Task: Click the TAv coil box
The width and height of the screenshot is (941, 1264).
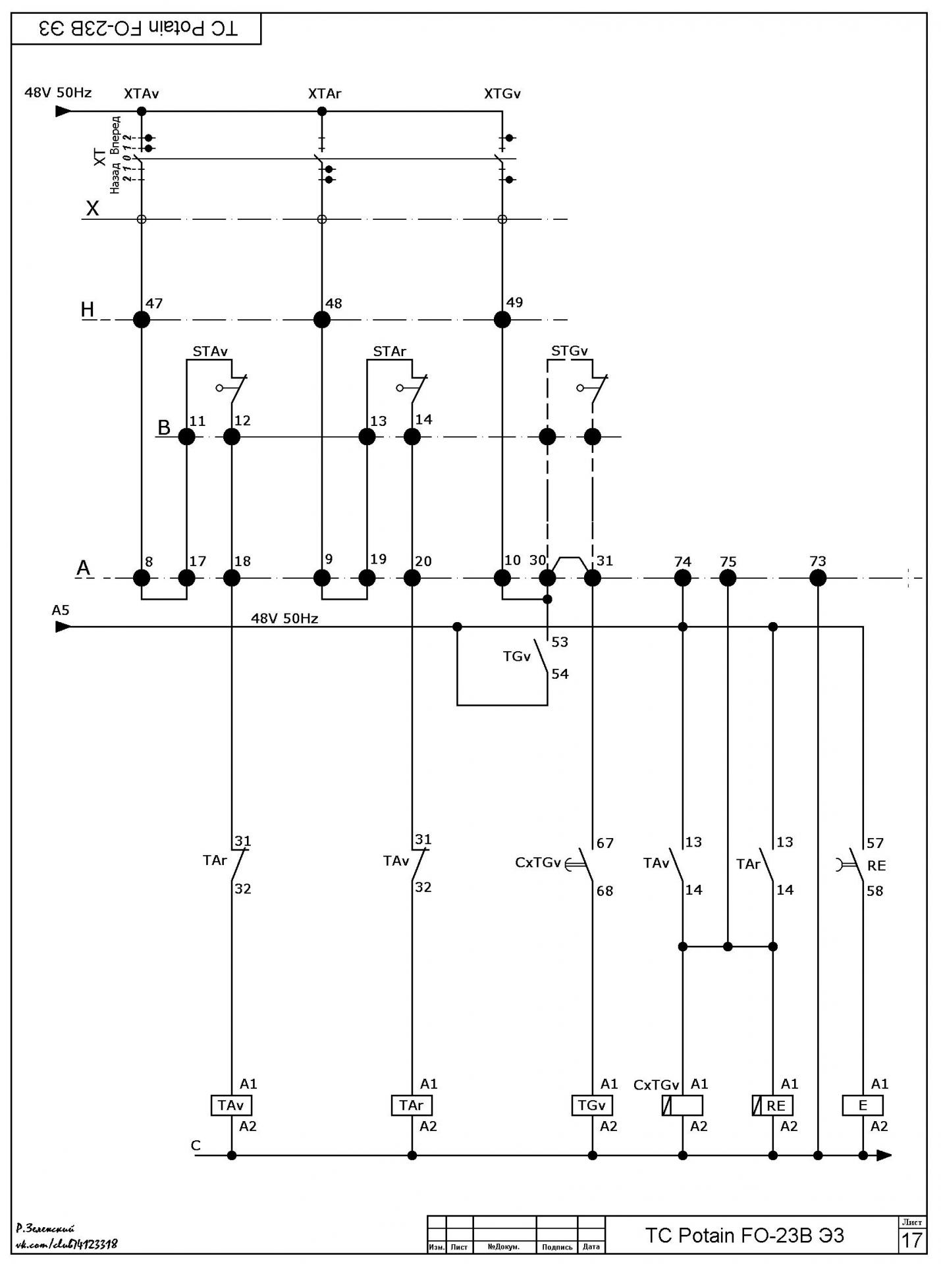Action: click(x=231, y=1105)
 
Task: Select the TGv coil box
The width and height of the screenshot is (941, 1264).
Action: click(x=592, y=1105)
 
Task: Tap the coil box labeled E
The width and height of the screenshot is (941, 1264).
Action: click(x=863, y=1105)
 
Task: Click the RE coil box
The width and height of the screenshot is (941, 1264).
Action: click(x=772, y=1105)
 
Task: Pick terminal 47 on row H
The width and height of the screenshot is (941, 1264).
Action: click(x=142, y=319)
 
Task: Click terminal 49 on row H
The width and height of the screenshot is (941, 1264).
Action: click(x=502, y=319)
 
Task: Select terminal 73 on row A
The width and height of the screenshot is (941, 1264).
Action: click(x=818, y=578)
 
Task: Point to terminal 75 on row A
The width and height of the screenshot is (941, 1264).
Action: click(x=728, y=578)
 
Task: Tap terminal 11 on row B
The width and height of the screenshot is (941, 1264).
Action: click(x=187, y=436)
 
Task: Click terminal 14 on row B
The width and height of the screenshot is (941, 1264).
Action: click(x=412, y=436)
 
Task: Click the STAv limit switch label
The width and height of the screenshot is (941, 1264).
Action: click(x=210, y=352)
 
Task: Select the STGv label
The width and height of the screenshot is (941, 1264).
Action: click(x=570, y=351)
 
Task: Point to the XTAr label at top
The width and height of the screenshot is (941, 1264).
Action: click(x=325, y=93)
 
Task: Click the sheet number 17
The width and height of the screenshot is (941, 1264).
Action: click(x=911, y=1240)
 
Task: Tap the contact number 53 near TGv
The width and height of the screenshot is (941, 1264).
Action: click(x=560, y=642)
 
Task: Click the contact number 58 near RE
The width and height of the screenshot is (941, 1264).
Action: click(x=875, y=891)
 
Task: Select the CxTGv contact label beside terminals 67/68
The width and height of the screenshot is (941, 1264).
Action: click(x=537, y=862)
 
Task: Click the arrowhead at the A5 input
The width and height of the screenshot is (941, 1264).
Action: click(x=63, y=627)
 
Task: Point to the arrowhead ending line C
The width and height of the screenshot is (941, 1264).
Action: click(x=884, y=1155)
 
